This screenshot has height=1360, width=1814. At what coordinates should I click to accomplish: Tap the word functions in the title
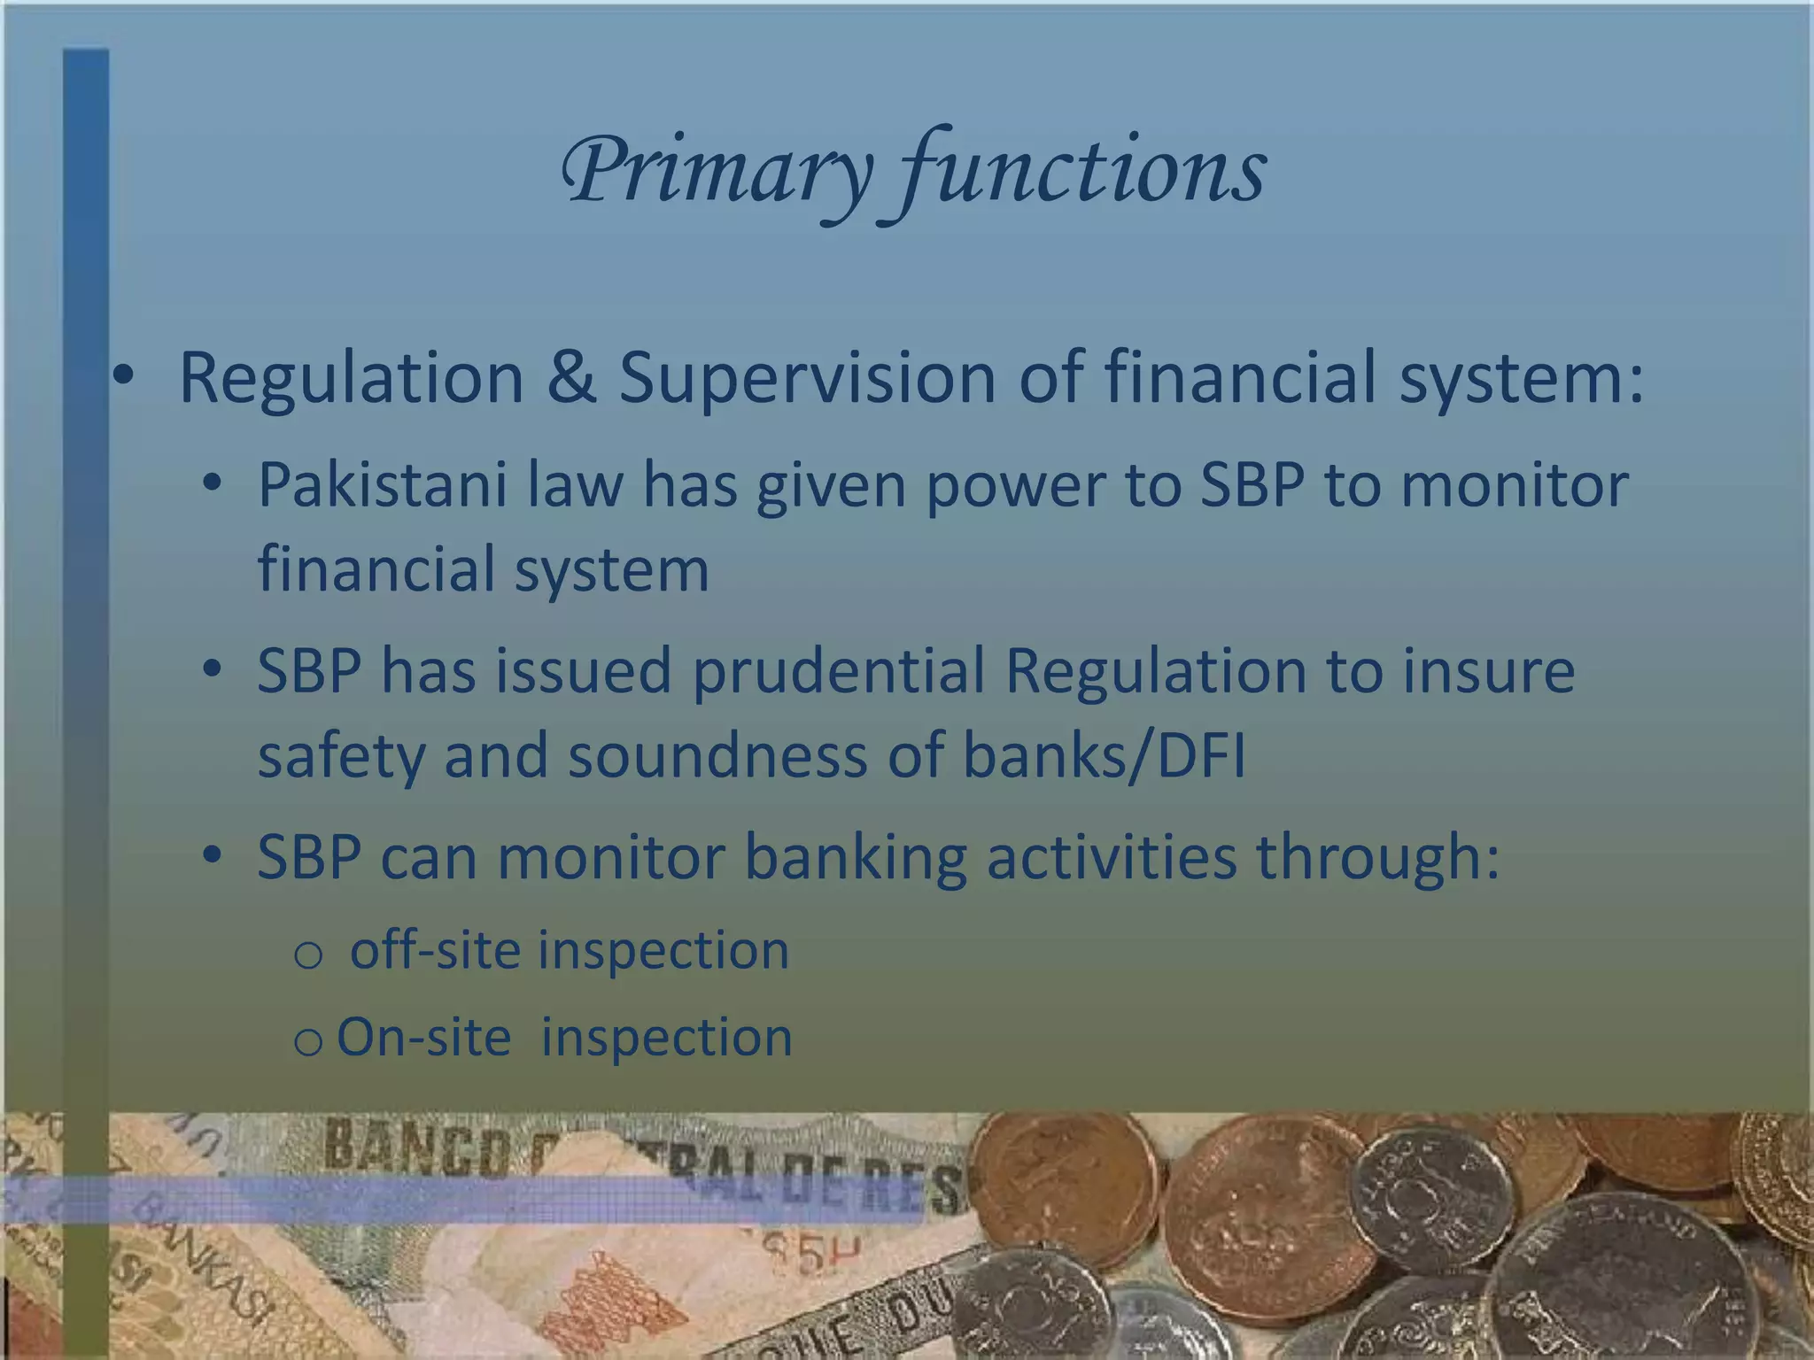tap(1085, 173)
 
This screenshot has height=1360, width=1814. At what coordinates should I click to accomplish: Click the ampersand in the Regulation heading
tap(571, 378)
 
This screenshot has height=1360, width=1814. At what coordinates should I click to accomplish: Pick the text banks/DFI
tap(1104, 757)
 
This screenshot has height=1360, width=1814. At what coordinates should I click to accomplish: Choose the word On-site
tap(424, 1037)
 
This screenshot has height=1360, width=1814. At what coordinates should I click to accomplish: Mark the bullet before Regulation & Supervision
tap(123, 379)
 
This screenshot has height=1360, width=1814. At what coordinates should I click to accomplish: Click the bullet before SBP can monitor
tap(211, 856)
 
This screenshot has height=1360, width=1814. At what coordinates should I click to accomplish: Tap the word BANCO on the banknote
tap(416, 1147)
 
